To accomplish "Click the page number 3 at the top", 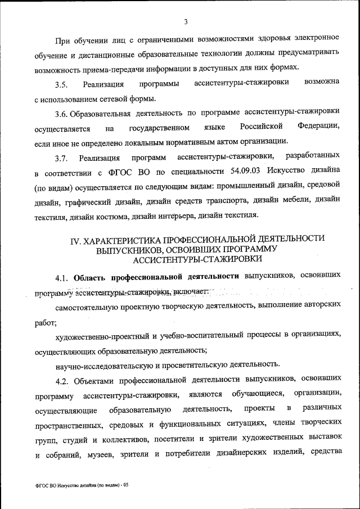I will tap(185, 22).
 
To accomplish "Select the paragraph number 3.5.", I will tap(61, 85).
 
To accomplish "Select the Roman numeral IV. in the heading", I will tap(76, 241).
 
